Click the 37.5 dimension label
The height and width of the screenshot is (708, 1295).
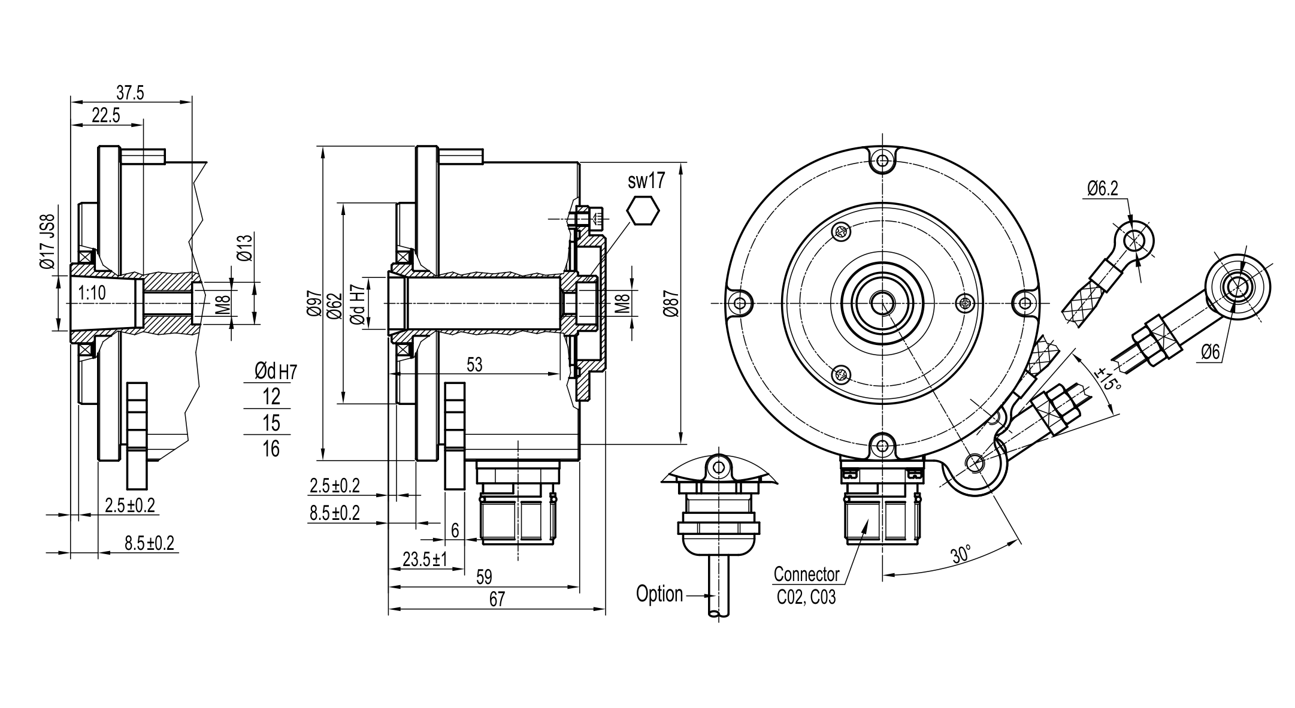coord(130,93)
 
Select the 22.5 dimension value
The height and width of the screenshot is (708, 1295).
coord(106,116)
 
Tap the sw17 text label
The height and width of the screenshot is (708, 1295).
coord(646,181)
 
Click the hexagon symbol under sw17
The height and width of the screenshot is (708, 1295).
coord(643,210)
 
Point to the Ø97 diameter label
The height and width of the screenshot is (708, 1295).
coord(314,304)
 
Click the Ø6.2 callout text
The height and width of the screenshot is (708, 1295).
coord(1103,189)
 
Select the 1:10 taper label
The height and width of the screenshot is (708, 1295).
coord(92,293)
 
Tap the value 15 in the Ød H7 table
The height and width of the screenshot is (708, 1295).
coord(271,422)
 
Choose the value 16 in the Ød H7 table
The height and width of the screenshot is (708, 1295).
coord(271,448)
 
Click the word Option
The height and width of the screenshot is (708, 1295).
coord(659,594)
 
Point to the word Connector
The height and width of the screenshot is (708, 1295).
coord(806,574)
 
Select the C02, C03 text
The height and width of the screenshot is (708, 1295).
coord(806,597)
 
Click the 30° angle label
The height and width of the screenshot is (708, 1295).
coord(960,554)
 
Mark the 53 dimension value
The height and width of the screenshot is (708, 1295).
coord(474,365)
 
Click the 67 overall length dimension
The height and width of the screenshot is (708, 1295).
coord(497,599)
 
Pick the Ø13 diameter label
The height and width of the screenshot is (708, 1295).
coord(245,247)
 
